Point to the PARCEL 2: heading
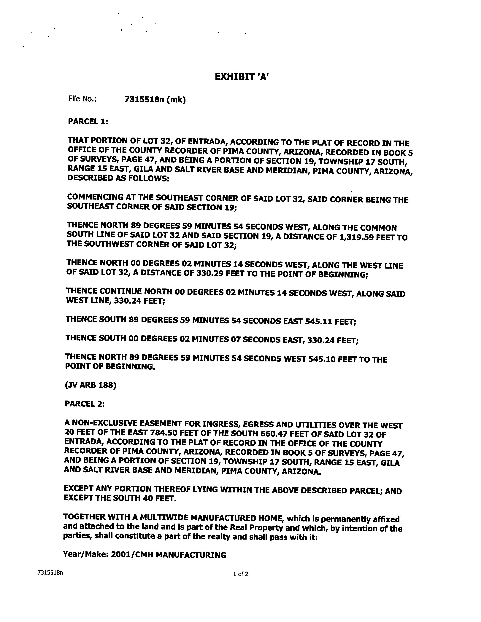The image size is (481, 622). [x=85, y=404]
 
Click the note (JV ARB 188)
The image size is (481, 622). [x=91, y=385]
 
